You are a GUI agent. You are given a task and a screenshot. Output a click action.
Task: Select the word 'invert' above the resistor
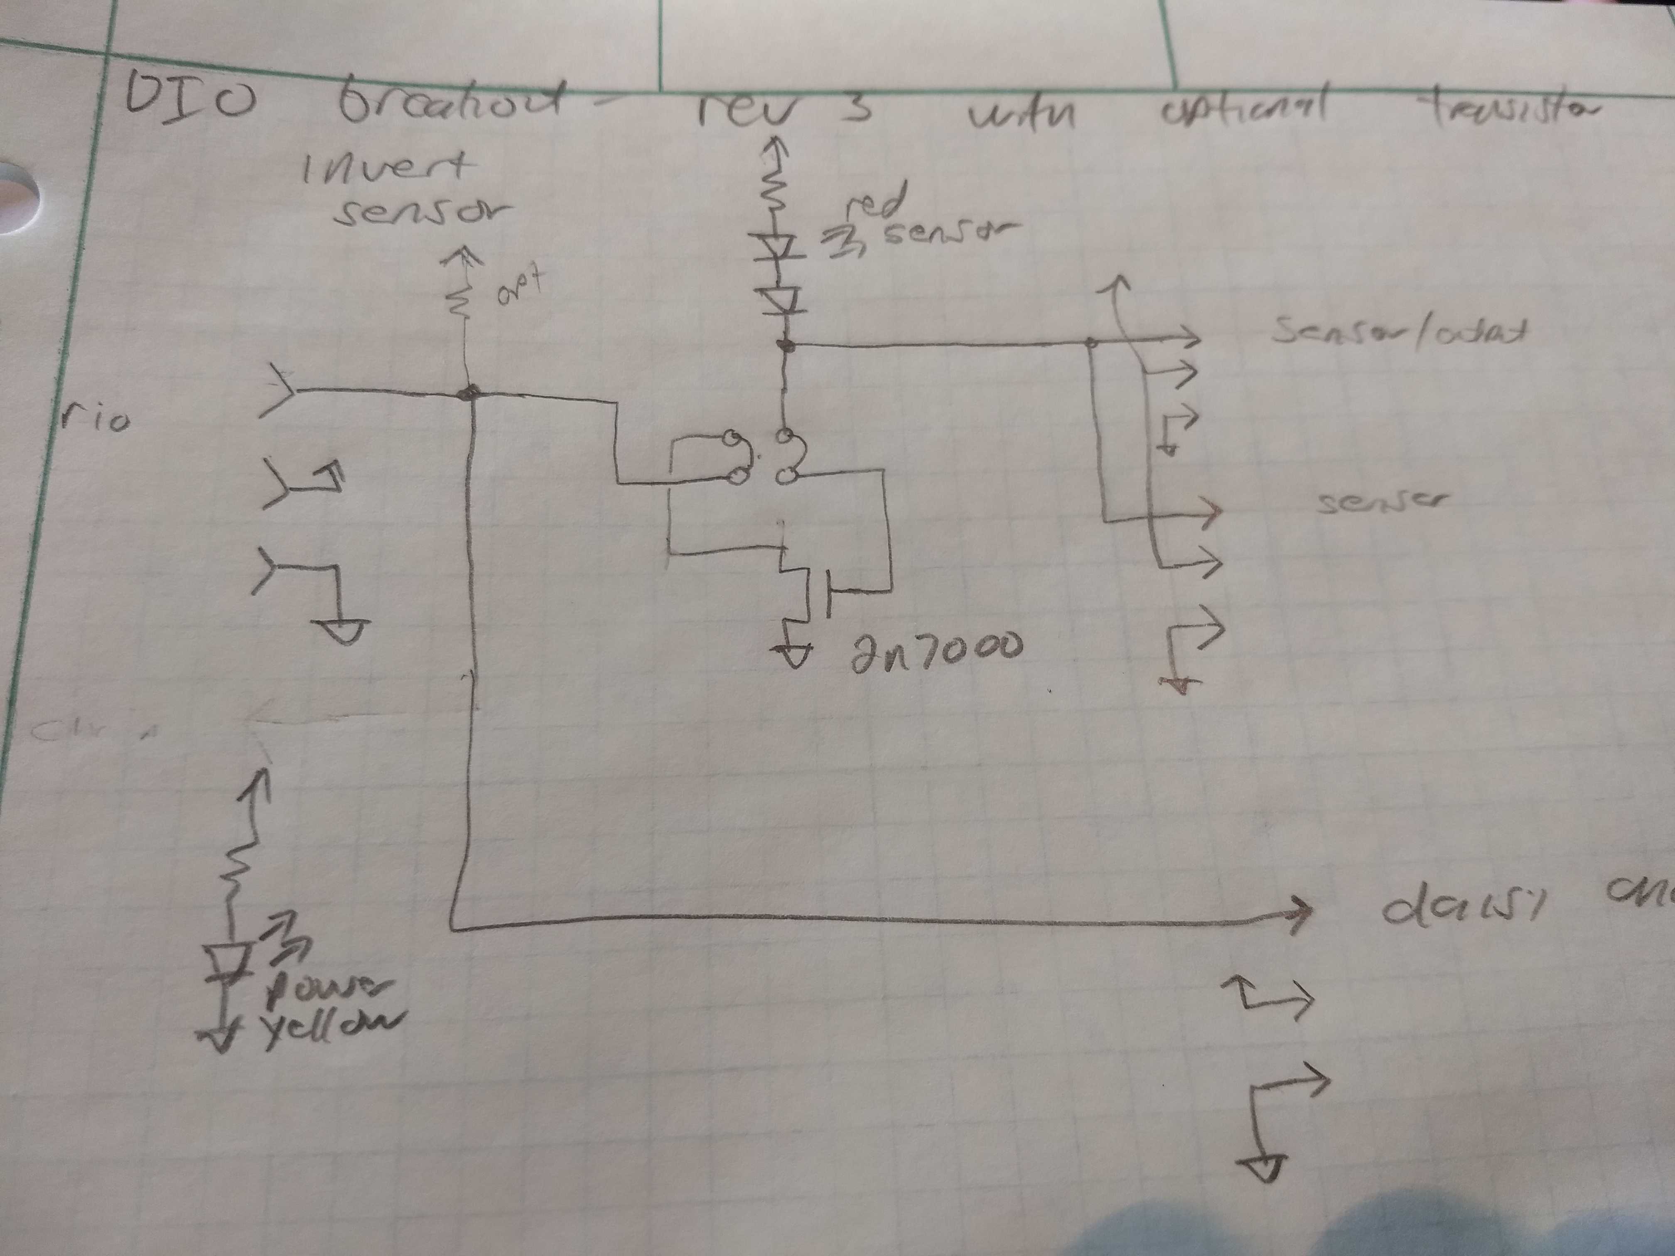pyautogui.click(x=386, y=168)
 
